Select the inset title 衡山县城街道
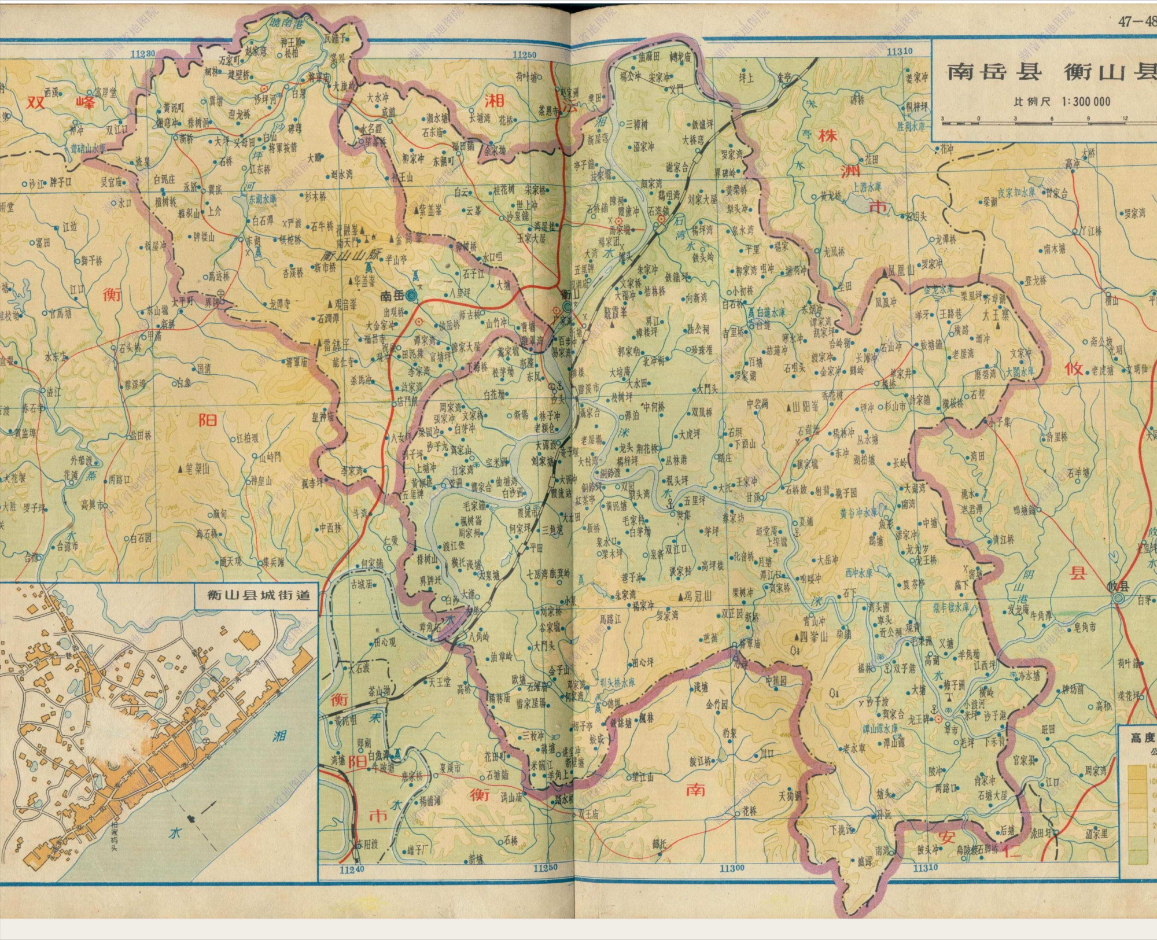(x=259, y=595)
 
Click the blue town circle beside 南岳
(x=411, y=296)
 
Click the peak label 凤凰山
(x=901, y=270)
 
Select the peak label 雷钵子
(x=336, y=345)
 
